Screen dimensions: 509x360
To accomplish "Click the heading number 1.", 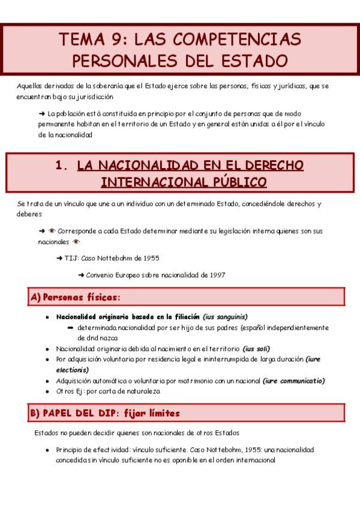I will pyautogui.click(x=60, y=166).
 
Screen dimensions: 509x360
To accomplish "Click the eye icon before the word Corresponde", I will pyautogui.click(x=52, y=230).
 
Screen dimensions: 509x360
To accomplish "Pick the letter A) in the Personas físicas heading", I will pyautogui.click(x=35, y=297).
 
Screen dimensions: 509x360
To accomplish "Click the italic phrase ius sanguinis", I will pyautogui.click(x=225, y=317).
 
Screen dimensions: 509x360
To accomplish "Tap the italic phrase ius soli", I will pyautogui.click(x=256, y=349).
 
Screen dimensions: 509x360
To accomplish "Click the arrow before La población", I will pyautogui.click(x=41, y=113).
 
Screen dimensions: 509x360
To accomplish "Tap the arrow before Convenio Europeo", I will pyautogui.click(x=81, y=275).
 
